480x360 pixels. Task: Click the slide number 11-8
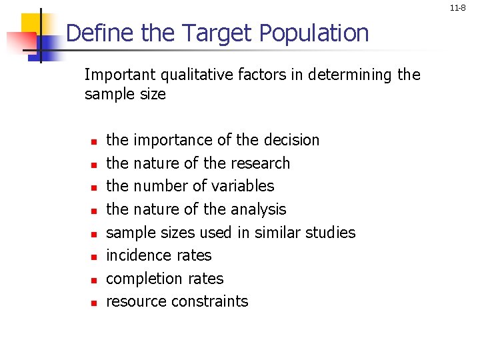click(x=457, y=9)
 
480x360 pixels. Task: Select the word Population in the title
click(x=313, y=33)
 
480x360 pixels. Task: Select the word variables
click(x=241, y=186)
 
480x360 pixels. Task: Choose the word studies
click(x=331, y=233)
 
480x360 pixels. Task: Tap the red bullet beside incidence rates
click(x=94, y=257)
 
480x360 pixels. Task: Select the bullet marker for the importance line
click(x=94, y=141)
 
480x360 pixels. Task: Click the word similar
click(x=275, y=233)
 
